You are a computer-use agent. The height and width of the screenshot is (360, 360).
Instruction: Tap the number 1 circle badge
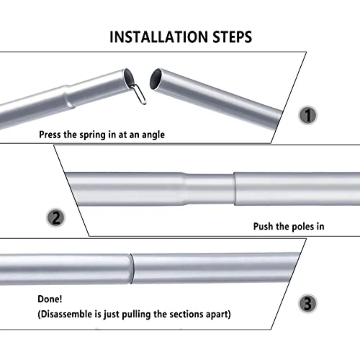pyautogui.click(x=308, y=115)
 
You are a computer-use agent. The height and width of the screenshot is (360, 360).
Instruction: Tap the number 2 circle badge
pyautogui.click(x=56, y=218)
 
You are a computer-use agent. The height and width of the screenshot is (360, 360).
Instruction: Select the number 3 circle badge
pyautogui.click(x=308, y=304)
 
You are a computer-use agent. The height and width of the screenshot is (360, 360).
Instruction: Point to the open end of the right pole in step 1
pyautogui.click(x=156, y=78)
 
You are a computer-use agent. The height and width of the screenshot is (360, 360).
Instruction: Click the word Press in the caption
pyautogui.click(x=49, y=134)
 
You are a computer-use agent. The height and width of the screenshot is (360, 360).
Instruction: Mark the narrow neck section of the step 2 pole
pyautogui.click(x=210, y=189)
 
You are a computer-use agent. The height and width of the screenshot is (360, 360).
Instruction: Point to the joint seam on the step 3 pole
pyautogui.click(x=132, y=268)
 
